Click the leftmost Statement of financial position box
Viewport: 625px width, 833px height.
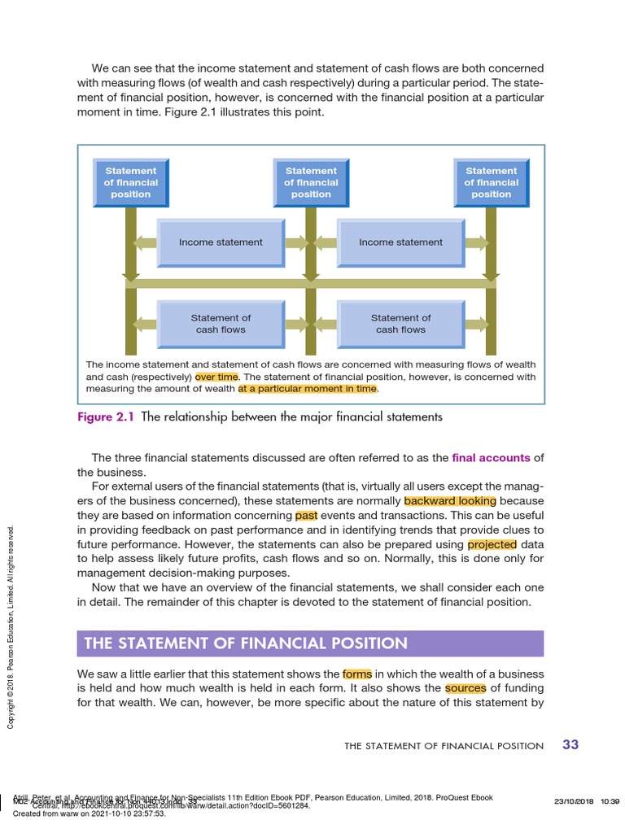130,183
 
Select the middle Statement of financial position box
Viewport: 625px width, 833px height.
311,183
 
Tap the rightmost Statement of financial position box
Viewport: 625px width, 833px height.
491,183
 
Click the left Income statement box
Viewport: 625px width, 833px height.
221,242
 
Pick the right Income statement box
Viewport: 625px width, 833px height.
400,242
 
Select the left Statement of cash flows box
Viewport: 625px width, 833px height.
221,324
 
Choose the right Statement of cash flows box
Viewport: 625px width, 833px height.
400,324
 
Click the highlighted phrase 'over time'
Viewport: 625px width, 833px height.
216,377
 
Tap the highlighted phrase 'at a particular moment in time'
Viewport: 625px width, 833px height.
308,389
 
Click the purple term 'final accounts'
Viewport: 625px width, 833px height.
491,458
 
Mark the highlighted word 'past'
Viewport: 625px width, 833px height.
306,516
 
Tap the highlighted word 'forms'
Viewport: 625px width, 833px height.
356,674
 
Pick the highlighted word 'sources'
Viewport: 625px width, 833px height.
465,688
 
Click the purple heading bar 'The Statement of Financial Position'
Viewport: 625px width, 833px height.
310,643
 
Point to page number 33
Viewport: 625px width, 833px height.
570,744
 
